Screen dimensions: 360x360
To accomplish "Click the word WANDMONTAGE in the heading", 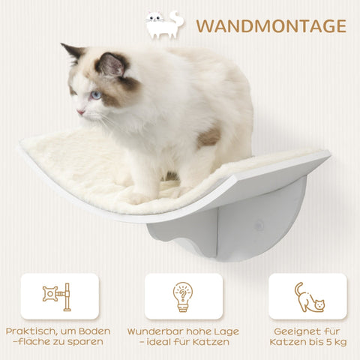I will point(271,26).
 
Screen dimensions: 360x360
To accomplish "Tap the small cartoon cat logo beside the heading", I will point(165,25).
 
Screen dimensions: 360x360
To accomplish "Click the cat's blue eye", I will point(95,95).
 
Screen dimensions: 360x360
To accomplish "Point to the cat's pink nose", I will point(78,112).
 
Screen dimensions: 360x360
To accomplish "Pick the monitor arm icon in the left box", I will point(58,295).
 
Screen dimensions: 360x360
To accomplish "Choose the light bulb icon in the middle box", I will point(182,295).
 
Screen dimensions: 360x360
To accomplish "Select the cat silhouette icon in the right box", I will point(307,297).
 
